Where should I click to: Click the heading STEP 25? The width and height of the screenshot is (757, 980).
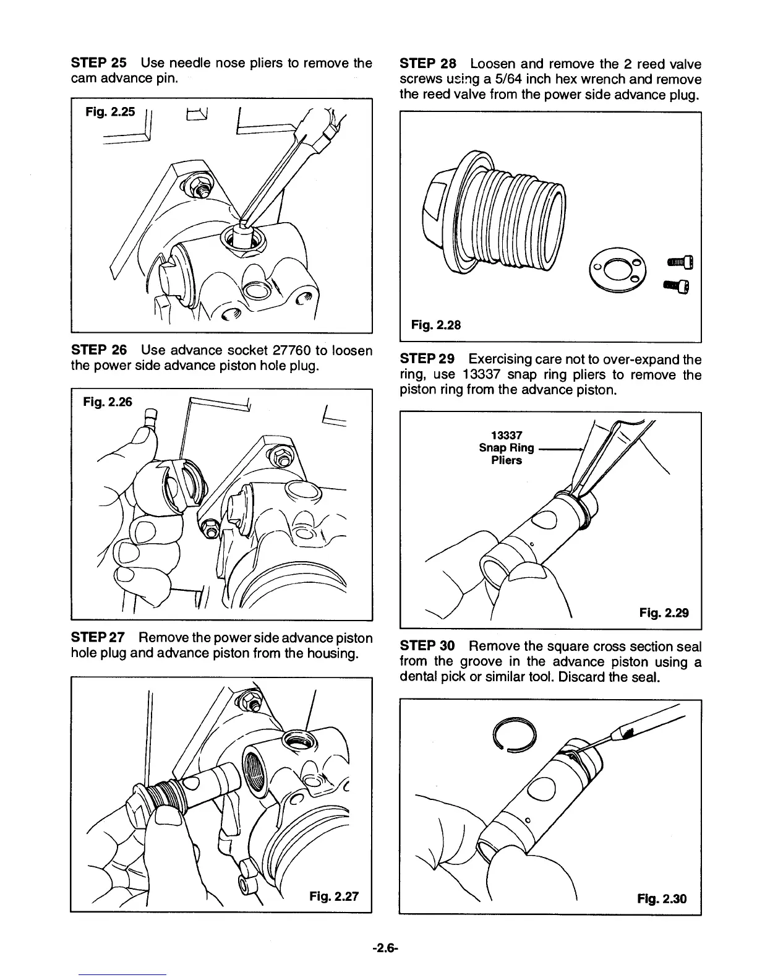[98, 63]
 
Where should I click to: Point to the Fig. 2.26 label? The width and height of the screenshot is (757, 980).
[108, 402]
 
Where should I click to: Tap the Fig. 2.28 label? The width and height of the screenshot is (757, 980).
[436, 325]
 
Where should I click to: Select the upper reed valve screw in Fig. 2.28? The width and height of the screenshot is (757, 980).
[681, 263]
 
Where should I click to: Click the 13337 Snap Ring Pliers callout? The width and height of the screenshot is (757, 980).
[506, 447]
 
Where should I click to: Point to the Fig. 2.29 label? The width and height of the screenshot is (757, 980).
[664, 613]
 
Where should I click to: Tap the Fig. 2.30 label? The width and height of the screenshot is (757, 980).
[662, 898]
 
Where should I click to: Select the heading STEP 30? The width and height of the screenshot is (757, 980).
[427, 647]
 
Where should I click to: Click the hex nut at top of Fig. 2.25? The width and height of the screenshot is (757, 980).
[200, 183]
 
